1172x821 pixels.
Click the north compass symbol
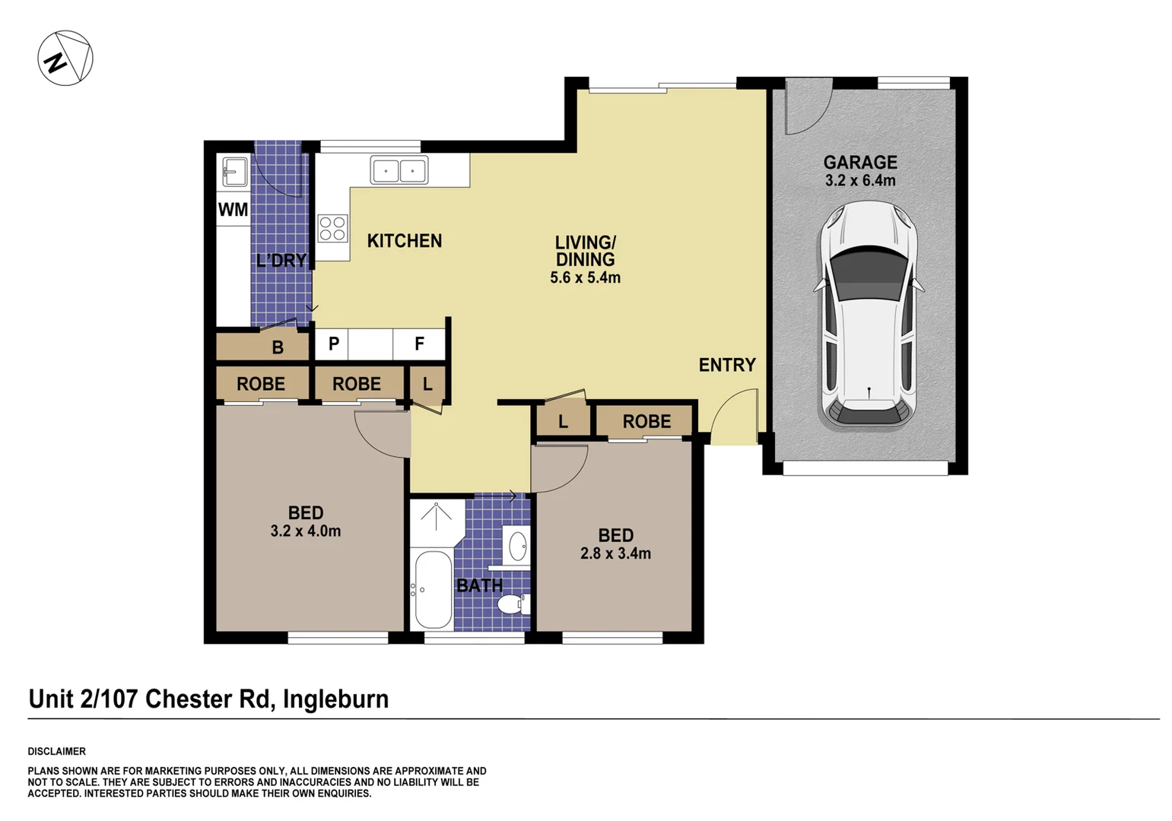(x=65, y=59)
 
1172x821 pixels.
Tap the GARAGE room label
(x=860, y=162)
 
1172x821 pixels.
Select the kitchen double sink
(x=399, y=170)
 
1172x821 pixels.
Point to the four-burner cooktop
(x=332, y=228)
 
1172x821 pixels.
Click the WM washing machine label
(x=233, y=210)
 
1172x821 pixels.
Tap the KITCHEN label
(x=404, y=241)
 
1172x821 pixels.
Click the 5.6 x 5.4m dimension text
(x=585, y=278)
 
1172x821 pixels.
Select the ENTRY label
(x=727, y=365)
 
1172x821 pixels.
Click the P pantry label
(x=333, y=344)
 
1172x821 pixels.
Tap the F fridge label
(x=419, y=344)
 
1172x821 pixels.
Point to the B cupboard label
(x=278, y=347)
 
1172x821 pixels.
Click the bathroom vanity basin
(x=517, y=546)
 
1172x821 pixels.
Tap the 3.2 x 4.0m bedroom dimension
(x=305, y=531)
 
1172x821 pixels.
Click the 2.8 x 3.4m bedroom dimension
(x=615, y=553)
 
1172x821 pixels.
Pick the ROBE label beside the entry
(x=646, y=421)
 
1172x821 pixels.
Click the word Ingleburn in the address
(x=335, y=699)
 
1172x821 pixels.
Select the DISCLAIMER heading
(x=57, y=751)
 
